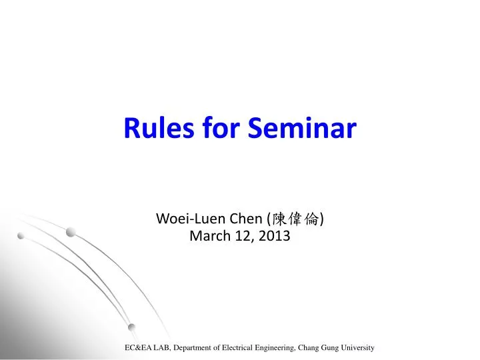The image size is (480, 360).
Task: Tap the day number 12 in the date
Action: [x=243, y=235]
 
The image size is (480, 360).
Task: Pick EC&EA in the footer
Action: [x=138, y=348]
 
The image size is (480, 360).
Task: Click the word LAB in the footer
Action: [x=162, y=348]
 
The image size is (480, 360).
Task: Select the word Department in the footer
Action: [x=195, y=348]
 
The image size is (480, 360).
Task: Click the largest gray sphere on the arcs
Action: [x=71, y=232]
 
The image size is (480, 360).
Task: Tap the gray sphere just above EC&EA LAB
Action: [x=132, y=327]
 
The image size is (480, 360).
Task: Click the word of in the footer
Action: [x=223, y=348]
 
